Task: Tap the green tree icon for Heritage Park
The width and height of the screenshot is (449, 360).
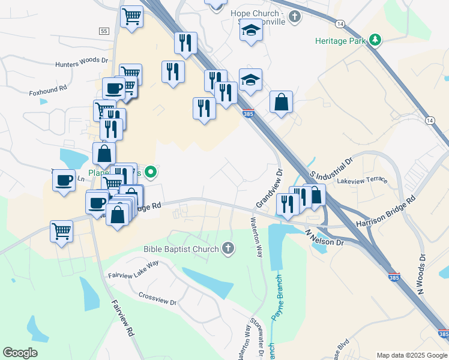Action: click(x=376, y=40)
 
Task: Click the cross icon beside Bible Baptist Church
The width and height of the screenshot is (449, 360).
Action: click(x=228, y=248)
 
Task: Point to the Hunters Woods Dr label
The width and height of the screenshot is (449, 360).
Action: click(x=81, y=62)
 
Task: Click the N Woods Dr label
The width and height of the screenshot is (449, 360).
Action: click(x=421, y=274)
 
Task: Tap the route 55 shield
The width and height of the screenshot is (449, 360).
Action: click(x=104, y=31)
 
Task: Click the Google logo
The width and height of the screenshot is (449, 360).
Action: click(x=20, y=353)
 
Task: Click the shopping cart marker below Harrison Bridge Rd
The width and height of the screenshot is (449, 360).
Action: click(x=61, y=232)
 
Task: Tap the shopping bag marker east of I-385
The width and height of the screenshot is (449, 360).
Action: click(x=281, y=102)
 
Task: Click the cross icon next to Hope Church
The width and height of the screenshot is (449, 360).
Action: click(x=294, y=16)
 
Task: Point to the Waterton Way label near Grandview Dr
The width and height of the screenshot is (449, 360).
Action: click(x=256, y=236)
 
